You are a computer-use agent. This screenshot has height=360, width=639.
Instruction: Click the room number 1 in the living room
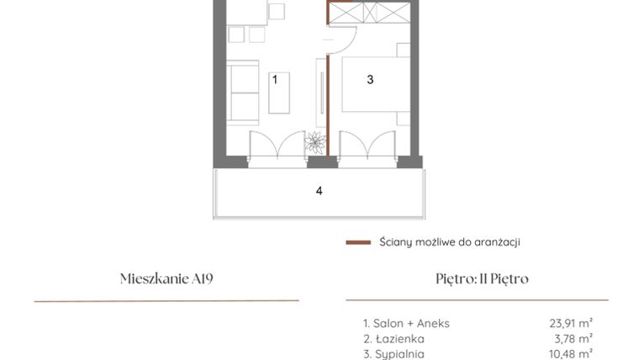tap(274, 79)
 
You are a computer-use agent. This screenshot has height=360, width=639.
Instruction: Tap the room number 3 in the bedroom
tap(369, 80)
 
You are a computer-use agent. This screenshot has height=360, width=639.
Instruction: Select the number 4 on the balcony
tap(319, 191)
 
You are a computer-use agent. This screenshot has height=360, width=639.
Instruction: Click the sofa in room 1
tap(244, 93)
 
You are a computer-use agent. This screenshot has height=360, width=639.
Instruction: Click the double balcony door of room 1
tap(277, 145)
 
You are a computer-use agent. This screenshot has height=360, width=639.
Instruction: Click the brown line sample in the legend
tap(358, 242)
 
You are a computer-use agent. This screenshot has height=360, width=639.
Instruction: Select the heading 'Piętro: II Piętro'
tap(477, 279)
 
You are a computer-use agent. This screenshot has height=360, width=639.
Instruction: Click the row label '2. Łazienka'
tap(388, 338)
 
